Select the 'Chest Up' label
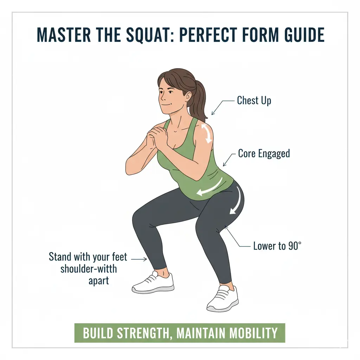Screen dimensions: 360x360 [x=254, y=101]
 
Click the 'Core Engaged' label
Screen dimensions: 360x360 [x=264, y=153]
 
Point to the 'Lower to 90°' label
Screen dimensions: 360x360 [x=277, y=246]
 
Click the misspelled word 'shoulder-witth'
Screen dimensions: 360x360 [x=89, y=269]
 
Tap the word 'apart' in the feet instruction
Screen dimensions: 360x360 [x=99, y=281]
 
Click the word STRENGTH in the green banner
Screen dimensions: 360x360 [x=144, y=333]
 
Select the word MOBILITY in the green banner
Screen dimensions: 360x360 [x=253, y=333]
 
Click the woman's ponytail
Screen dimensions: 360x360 [x=200, y=101]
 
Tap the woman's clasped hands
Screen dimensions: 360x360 [x=157, y=137]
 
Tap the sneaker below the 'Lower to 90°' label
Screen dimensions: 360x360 [x=223, y=298]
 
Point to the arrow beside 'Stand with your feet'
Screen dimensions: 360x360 [x=139, y=259]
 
